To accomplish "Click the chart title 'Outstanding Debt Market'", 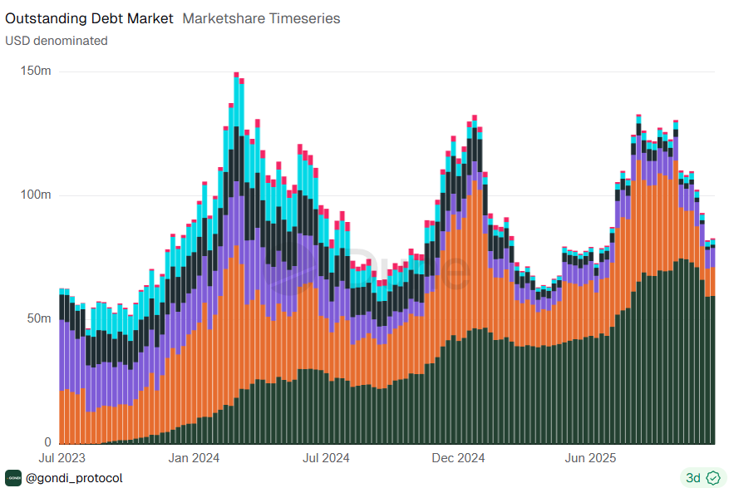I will pos(90,18).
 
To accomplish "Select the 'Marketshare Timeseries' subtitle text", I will pos(261,18).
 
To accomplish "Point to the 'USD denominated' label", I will pos(57,40).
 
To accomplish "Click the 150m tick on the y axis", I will pos(36,71).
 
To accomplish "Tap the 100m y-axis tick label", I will pos(36,195).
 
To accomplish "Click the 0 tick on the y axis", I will pos(47,442).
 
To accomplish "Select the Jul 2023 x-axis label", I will pos(62,458).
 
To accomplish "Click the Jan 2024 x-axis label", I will pos(194,458).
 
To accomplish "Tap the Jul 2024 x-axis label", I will pos(326,458).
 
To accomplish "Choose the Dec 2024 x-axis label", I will pos(459,458).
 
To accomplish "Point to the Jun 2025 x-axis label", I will pos(589,458).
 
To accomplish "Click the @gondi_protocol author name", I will pos(74,478).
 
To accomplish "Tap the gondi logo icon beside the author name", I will pos(13,478).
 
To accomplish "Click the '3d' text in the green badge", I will pos(692,478).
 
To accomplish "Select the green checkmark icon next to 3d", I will pos(712,478).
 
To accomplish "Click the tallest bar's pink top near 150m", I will pos(237,76).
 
